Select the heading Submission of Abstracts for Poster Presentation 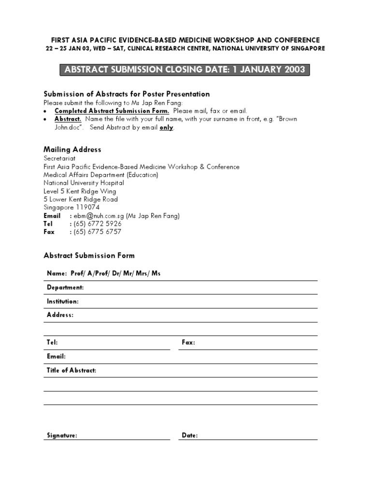127,94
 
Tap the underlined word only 166,128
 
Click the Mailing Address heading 72,149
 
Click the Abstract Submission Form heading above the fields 89,255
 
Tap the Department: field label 65,287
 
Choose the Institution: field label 63,301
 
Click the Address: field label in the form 60,315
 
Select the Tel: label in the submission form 52,342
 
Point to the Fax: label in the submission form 188,342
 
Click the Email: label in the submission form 56,356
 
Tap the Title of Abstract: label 71,370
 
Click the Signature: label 62,436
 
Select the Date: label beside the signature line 190,436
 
